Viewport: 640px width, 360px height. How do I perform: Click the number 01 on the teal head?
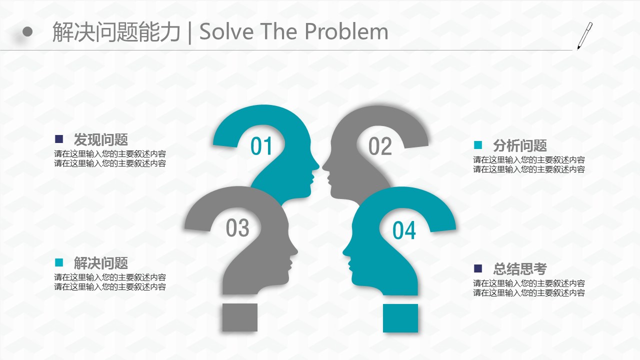tap(261, 146)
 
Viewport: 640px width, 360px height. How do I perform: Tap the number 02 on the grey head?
tap(380, 146)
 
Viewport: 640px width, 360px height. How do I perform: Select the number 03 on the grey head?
tap(237, 227)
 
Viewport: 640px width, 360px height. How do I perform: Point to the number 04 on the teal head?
tap(404, 230)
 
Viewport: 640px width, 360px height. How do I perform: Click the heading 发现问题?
tap(101, 139)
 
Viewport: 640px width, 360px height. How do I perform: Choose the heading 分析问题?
tap(520, 145)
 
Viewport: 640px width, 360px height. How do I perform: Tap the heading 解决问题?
tap(101, 263)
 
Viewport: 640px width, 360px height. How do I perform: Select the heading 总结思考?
tap(520, 268)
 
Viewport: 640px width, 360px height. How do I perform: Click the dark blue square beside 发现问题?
tap(59, 139)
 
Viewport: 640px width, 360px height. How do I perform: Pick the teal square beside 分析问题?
tap(478, 145)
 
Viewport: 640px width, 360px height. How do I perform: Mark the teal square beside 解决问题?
tap(59, 262)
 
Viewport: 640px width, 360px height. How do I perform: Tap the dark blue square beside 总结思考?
tap(478, 268)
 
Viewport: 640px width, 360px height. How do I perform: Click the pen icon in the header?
tap(584, 36)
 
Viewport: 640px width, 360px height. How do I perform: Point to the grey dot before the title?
tap(27, 31)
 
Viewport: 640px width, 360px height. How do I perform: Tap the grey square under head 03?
tap(240, 317)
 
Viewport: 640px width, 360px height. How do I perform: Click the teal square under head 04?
tap(400, 318)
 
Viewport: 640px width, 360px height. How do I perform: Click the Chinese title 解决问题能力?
tap(116, 32)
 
